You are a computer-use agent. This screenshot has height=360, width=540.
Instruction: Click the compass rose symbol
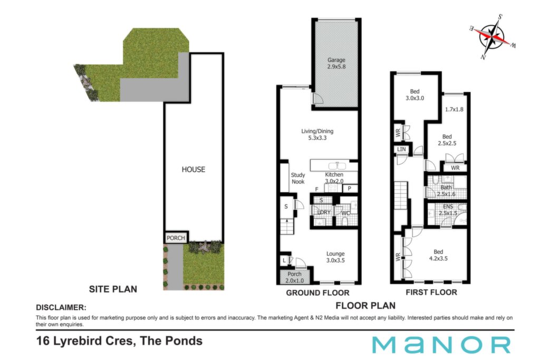(493, 36)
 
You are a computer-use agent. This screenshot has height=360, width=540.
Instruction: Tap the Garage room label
(336, 60)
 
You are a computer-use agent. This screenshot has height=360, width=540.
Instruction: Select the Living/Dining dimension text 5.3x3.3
(317, 138)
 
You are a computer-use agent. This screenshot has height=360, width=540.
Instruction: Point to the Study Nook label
(298, 178)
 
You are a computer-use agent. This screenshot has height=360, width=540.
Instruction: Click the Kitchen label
(334, 174)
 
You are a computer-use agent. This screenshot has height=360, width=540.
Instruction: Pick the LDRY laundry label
(324, 212)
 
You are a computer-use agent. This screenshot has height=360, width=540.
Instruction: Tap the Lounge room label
(335, 254)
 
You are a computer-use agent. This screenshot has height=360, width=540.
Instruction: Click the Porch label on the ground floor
(294, 274)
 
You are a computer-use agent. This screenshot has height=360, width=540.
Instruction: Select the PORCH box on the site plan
(176, 238)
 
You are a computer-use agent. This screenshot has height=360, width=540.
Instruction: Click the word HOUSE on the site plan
(193, 169)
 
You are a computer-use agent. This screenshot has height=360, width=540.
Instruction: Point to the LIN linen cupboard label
(401, 149)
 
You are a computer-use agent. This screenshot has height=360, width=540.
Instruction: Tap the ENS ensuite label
(448, 207)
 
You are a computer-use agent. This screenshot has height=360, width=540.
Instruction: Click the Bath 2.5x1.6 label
(446, 191)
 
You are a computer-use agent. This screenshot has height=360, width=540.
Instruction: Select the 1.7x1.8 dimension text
(454, 110)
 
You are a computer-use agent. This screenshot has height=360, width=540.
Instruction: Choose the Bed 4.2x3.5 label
(438, 255)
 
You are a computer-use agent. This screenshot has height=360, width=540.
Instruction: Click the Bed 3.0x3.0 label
(414, 95)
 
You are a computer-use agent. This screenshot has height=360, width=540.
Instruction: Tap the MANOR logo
(441, 345)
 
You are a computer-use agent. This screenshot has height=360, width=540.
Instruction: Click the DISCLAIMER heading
(61, 307)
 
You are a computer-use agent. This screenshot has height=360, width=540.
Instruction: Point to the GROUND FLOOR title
(317, 293)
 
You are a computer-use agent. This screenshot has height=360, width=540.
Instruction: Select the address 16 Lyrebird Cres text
(84, 340)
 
